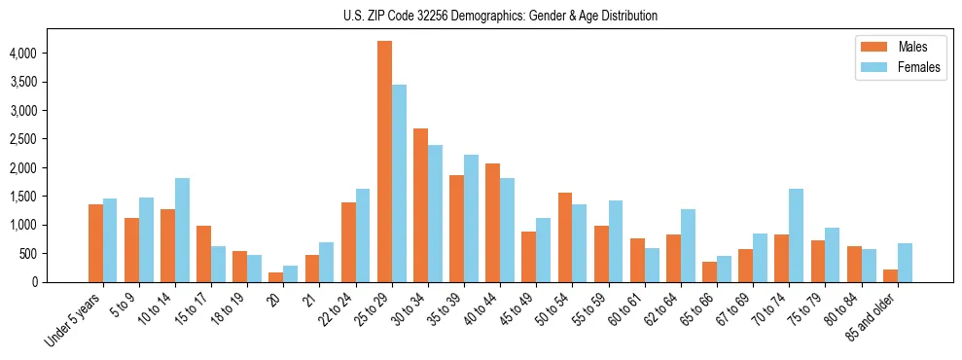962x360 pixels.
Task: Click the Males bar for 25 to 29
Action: click(x=384, y=162)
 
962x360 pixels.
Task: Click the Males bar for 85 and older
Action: click(x=890, y=275)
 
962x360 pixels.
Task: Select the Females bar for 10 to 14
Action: click(x=182, y=230)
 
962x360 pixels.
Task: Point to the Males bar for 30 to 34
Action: click(x=420, y=205)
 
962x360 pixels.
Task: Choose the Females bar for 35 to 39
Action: click(x=471, y=218)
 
